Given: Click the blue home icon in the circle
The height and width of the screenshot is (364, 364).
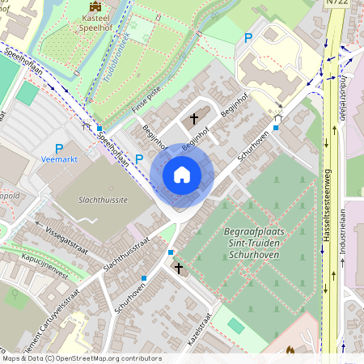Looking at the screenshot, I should pyautogui.click(x=182, y=174).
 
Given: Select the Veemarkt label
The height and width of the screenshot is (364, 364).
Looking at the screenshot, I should pyautogui.click(x=57, y=160).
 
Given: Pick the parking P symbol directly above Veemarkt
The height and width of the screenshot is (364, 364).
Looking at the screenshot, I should pyautogui.click(x=58, y=148).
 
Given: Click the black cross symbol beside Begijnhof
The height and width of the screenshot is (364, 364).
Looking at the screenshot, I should pyautogui.click(x=194, y=118).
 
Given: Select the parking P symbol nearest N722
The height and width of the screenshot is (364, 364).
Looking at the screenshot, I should pyautogui.click(x=248, y=38).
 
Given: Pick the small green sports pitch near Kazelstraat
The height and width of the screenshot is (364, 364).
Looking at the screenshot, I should pyautogui.click(x=235, y=324).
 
